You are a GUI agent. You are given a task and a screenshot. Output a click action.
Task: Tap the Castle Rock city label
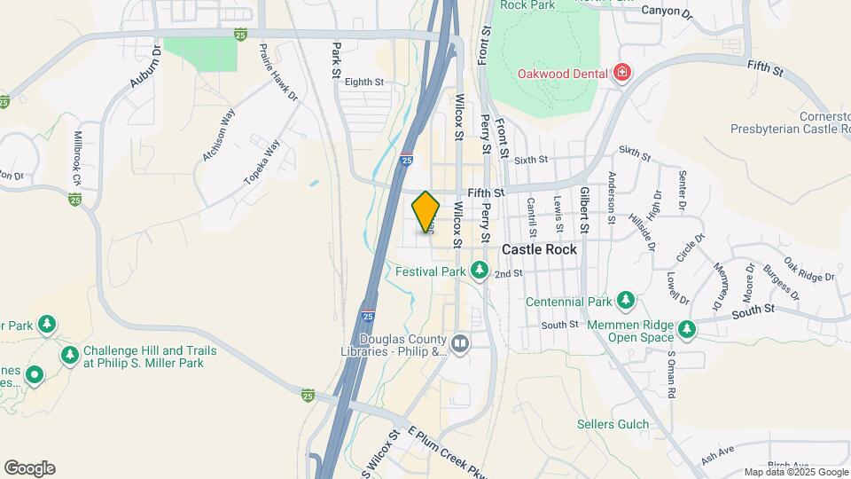pos(539,250)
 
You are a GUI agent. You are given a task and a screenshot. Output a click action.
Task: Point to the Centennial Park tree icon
pos(626,302)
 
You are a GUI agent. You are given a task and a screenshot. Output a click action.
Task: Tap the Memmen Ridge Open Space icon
pos(687,331)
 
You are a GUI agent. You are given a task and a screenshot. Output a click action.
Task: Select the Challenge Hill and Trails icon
pos(70,356)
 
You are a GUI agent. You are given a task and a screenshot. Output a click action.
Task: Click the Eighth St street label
pos(363,82)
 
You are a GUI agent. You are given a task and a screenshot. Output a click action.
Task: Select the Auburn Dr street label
pos(144,67)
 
